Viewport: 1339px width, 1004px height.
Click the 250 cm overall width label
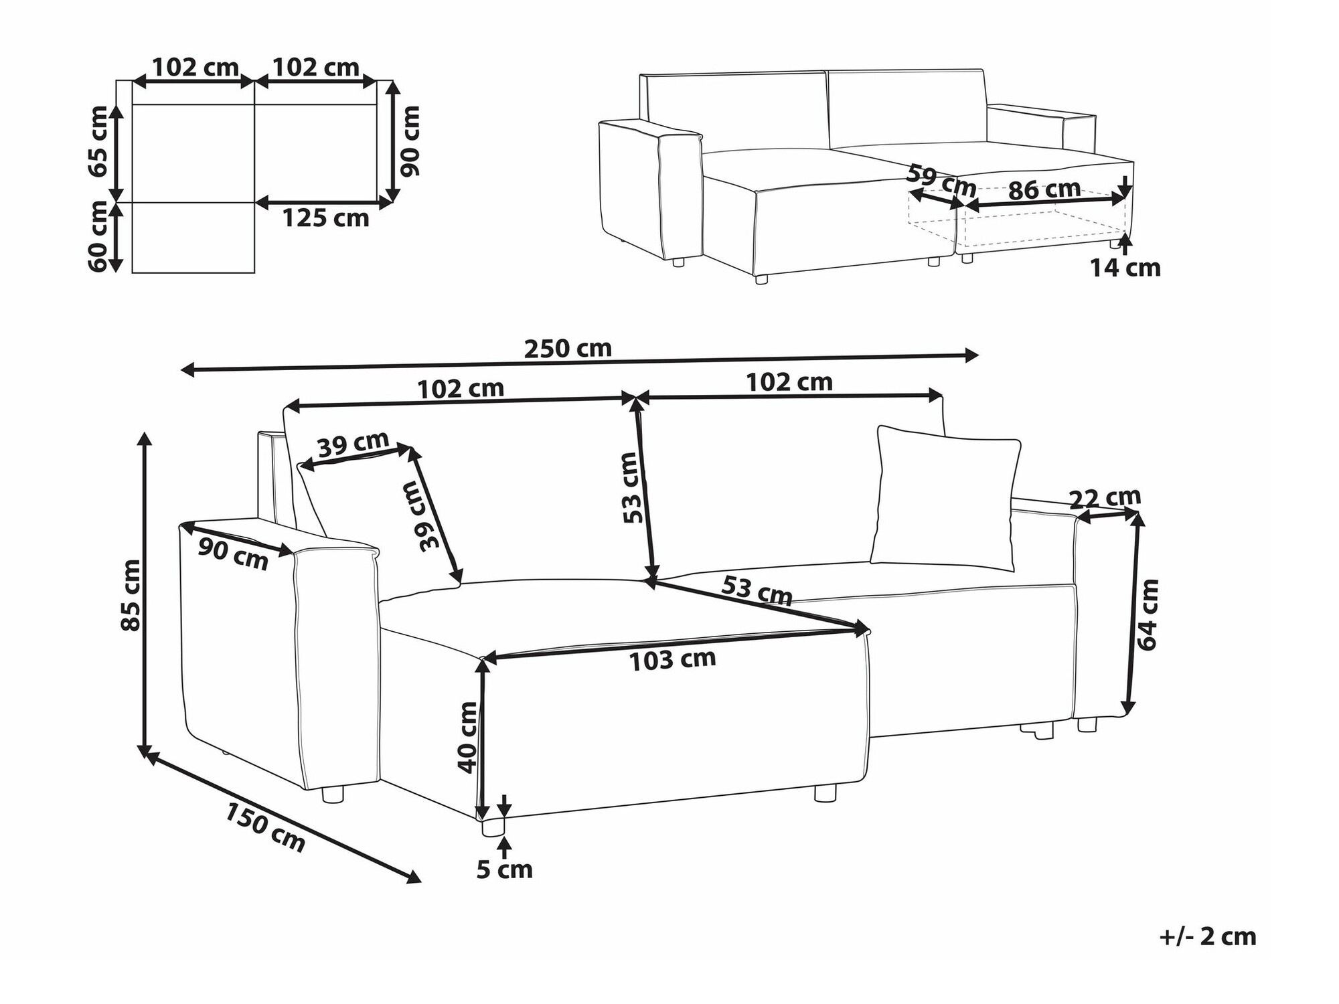[x=568, y=348]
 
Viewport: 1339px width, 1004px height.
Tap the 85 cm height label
[x=131, y=595]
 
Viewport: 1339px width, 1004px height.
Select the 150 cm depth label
[x=265, y=827]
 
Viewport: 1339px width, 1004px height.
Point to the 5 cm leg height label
[x=505, y=869]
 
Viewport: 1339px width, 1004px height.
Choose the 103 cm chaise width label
[x=672, y=660]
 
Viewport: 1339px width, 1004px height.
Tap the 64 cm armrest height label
[x=1148, y=614]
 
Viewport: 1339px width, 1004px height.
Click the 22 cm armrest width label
[x=1105, y=498]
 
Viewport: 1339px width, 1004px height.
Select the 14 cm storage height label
[x=1125, y=268]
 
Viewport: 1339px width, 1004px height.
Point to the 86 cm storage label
[x=1044, y=189]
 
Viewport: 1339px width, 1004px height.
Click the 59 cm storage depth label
[x=941, y=181]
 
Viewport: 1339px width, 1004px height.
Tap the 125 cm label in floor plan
[x=325, y=218]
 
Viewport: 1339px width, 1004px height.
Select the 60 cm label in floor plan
[x=98, y=236]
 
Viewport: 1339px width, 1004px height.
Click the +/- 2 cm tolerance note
[x=1208, y=936]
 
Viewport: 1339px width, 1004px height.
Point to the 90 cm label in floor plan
[x=409, y=141]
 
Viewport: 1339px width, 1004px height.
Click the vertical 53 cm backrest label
[x=632, y=488]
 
